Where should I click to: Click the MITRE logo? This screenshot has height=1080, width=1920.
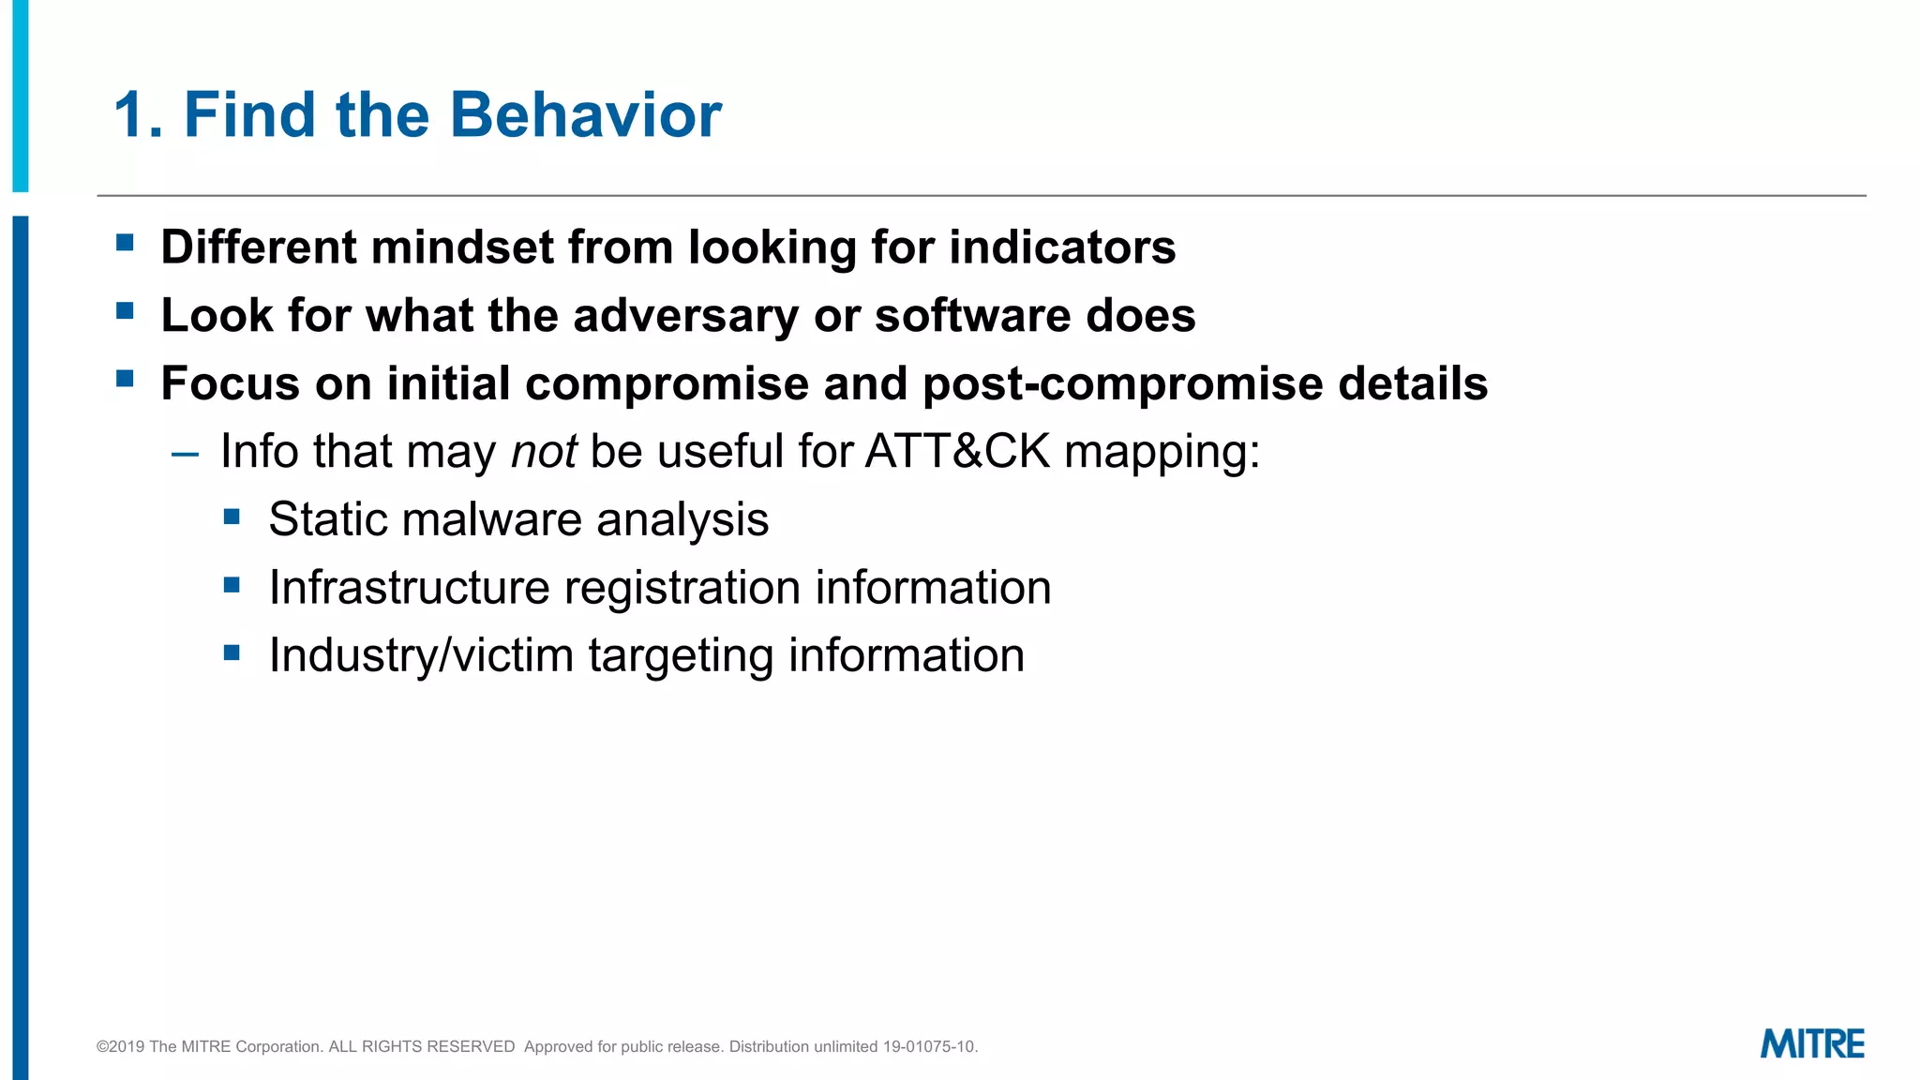point(1811,1043)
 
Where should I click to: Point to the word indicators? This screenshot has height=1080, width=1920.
point(1062,247)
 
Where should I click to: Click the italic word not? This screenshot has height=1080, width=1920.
point(543,452)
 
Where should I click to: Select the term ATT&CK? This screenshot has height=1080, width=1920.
point(957,452)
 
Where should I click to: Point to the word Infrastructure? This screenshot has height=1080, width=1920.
point(409,588)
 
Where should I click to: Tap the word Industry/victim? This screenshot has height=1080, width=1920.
point(421,655)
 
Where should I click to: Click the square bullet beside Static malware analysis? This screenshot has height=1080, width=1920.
point(232,517)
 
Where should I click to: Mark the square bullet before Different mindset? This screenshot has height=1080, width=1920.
point(125,244)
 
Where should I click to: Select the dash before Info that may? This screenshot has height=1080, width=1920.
point(186,455)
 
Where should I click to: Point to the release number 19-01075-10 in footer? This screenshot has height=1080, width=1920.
point(929,1046)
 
